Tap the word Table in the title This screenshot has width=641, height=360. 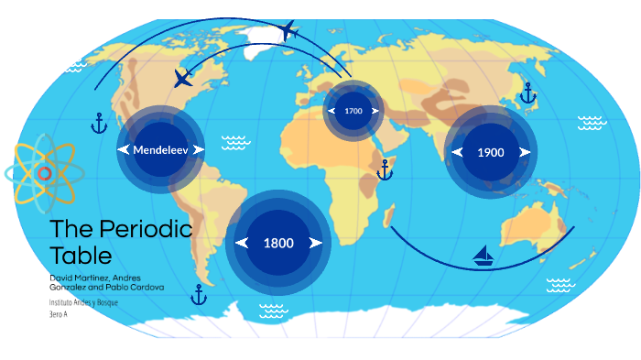coord(81,255)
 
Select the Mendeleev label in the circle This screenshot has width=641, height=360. coord(160,149)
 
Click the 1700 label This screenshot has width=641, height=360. coord(353,111)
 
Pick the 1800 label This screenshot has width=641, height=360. coord(278,243)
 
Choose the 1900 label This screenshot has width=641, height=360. coord(491,152)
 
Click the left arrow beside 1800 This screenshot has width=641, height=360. coord(243,243)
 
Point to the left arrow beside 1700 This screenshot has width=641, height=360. coord(331,111)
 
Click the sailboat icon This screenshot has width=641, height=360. coord(483,256)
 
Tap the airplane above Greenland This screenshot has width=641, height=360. coord(289,31)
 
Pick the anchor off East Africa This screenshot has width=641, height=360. coord(385,169)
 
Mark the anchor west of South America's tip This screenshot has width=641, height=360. coord(198,294)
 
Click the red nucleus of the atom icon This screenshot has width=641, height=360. coord(44,173)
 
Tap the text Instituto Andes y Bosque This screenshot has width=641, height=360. coord(83,301)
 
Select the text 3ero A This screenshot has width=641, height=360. coord(59,314)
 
